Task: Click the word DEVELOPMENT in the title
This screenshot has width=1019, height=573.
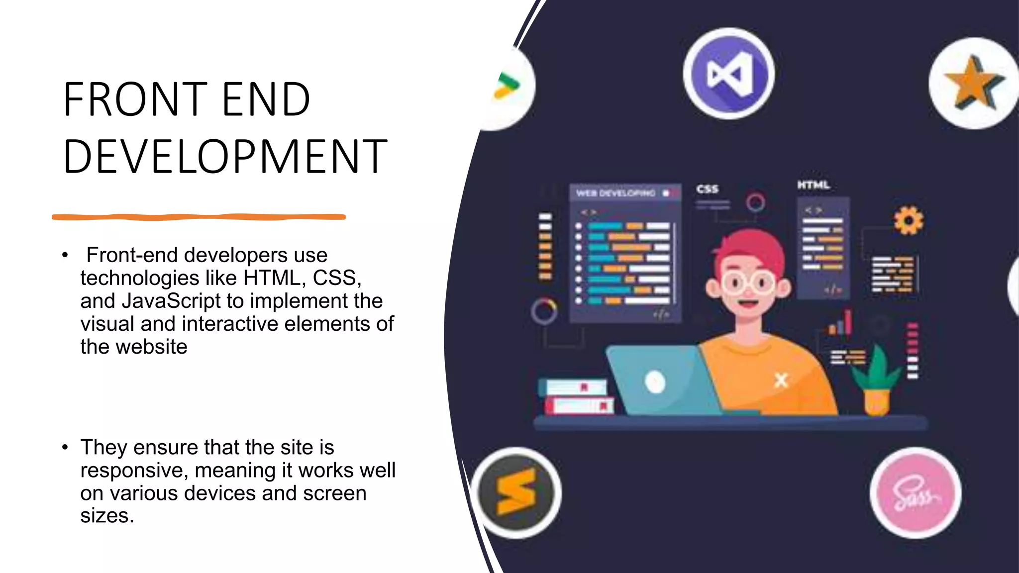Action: [225, 156]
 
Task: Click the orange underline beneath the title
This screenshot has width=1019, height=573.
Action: [199, 217]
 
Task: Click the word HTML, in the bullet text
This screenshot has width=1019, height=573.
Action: [274, 278]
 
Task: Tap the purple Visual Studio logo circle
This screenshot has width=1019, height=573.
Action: [728, 74]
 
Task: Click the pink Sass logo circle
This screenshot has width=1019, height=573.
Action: [916, 493]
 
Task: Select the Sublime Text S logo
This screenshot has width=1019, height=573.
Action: [516, 492]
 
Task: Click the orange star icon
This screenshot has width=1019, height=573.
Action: [973, 84]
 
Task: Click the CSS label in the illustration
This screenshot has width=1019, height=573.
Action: [707, 189]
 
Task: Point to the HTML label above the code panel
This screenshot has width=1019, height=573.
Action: [814, 185]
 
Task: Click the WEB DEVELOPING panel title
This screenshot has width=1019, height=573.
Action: [615, 193]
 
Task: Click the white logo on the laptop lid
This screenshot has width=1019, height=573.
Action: [655, 382]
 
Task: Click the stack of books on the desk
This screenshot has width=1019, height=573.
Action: [577, 396]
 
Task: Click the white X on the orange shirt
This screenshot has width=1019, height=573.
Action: [781, 381]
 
